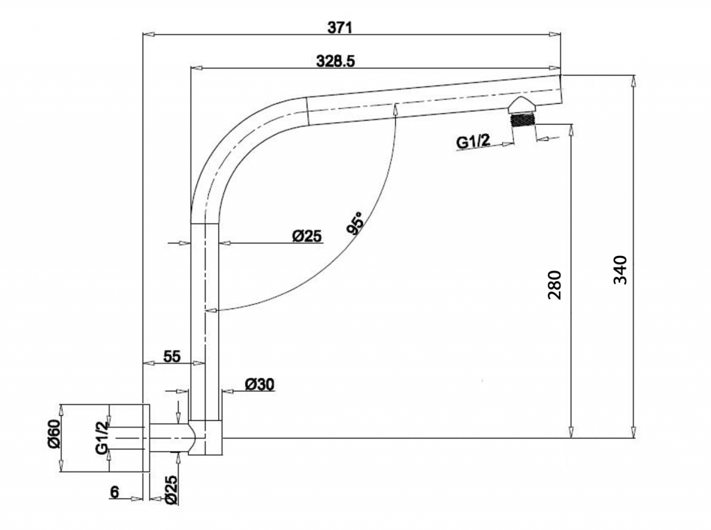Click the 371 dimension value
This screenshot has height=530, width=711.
[x=340, y=28]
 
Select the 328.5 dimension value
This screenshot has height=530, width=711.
[x=335, y=61]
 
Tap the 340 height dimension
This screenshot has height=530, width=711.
[x=620, y=270]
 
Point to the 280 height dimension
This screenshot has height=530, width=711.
[x=555, y=285]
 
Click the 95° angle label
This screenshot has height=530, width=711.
[x=355, y=223]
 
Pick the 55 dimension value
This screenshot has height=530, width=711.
[x=172, y=357]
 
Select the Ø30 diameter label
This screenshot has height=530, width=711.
[x=260, y=384]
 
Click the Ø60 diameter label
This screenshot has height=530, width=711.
[x=53, y=434]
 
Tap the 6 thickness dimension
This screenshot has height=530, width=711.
[x=115, y=491]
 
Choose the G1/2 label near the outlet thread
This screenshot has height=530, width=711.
[x=474, y=142]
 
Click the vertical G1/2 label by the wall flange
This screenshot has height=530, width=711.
[x=101, y=437]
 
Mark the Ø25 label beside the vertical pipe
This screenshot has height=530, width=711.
[x=306, y=236]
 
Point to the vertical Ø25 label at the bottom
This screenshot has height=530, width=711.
[x=171, y=490]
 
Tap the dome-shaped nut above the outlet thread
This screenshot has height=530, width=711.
[x=523, y=105]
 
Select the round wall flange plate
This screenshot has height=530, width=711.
[x=146, y=438]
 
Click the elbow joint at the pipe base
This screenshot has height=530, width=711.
[x=205, y=438]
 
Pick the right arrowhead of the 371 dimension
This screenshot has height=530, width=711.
[x=555, y=34]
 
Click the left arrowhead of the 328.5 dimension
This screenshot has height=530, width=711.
[x=196, y=68]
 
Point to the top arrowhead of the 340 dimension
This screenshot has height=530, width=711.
[x=633, y=81]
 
